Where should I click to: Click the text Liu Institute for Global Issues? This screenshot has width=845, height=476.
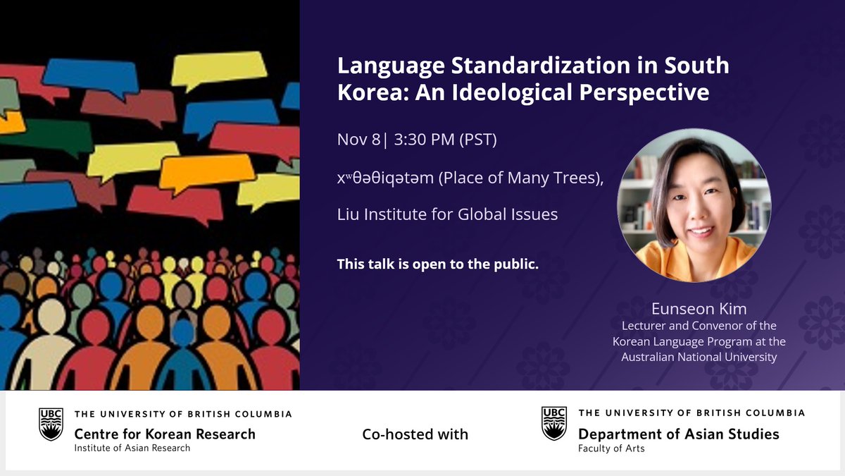pos(447,214)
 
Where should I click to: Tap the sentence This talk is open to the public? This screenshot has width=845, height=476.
pos(438,264)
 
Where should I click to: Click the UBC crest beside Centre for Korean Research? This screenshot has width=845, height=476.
pos(51,424)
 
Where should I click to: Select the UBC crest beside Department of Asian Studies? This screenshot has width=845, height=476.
pos(553,424)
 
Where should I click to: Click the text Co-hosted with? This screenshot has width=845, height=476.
pos(415,434)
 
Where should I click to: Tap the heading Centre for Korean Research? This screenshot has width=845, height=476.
pos(165,433)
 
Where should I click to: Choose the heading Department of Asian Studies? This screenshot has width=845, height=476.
pos(678,433)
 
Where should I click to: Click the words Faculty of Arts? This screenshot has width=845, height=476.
pos(611,448)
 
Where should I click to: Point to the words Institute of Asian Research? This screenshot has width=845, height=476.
pos(132,448)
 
